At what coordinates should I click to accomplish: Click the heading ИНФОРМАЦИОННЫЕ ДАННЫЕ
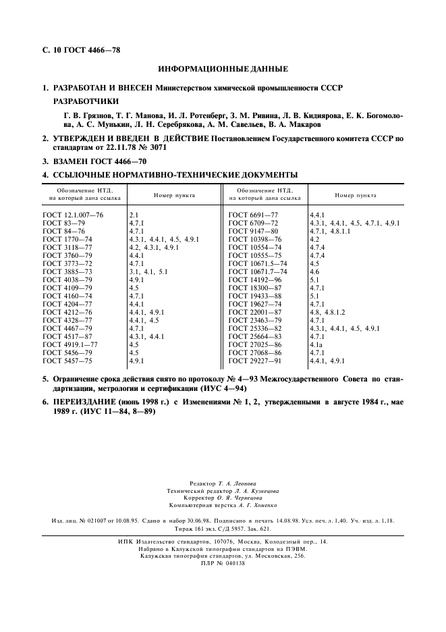223,70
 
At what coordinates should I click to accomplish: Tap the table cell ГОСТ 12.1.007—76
73,214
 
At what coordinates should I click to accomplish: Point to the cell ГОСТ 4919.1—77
70,343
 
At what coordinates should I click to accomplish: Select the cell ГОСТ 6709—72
253,222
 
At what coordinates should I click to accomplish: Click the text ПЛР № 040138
223,563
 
